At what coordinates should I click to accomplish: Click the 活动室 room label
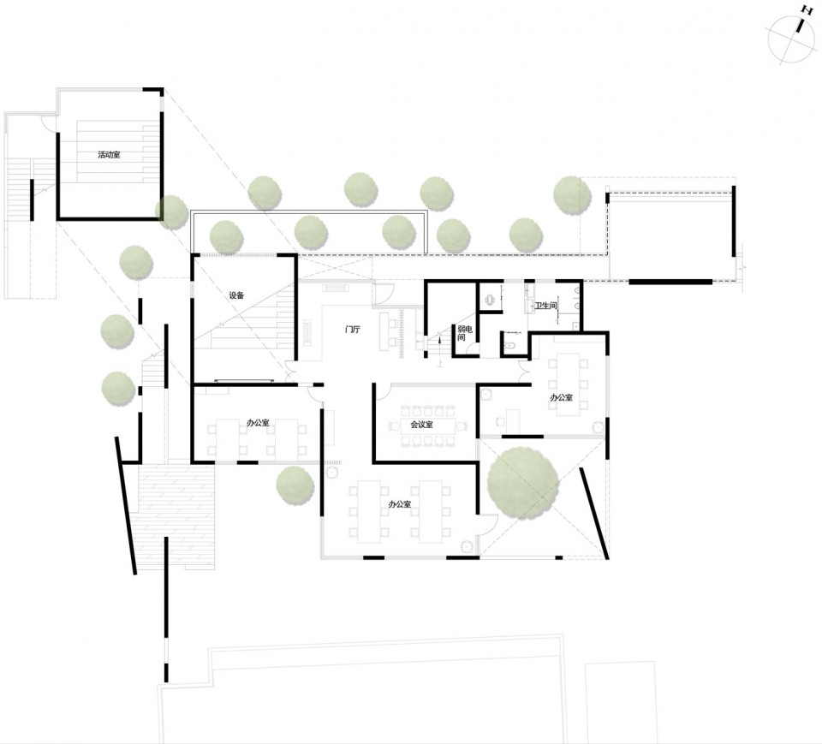(109, 155)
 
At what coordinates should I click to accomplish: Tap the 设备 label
(236, 295)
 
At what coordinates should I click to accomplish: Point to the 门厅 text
(352, 330)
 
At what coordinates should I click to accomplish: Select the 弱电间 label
(464, 333)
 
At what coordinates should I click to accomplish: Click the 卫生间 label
(545, 305)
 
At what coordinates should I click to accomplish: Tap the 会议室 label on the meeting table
(421, 424)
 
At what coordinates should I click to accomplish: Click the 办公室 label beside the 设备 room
(258, 423)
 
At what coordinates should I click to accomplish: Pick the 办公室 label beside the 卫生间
(561, 397)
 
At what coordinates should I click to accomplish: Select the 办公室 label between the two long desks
(400, 504)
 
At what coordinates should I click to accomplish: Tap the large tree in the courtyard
(522, 484)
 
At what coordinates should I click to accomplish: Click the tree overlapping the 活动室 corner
(171, 211)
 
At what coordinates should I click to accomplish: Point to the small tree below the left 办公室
(295, 485)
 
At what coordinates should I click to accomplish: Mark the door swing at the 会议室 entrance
(383, 390)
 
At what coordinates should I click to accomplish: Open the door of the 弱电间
(472, 349)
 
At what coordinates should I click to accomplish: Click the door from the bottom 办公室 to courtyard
(487, 524)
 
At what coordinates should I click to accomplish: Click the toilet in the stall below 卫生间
(509, 345)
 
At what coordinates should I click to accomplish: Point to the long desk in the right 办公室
(568, 384)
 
